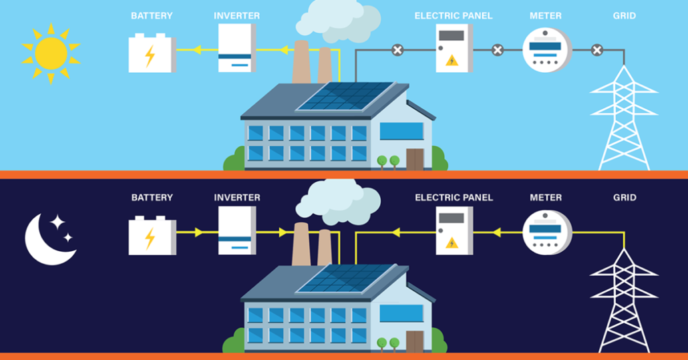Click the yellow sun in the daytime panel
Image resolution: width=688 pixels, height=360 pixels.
(x=51, y=51)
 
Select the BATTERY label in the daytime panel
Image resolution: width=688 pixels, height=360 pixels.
(x=152, y=15)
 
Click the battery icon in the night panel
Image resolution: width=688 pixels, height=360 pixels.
(x=152, y=235)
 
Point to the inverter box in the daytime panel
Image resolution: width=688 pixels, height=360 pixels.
(x=237, y=48)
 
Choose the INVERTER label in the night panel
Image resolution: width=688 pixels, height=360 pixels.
(x=237, y=198)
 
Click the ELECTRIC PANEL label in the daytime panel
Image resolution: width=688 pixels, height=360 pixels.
(x=454, y=15)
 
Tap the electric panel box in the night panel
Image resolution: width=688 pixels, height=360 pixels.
(x=454, y=230)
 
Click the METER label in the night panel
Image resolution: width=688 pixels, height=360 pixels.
(x=546, y=198)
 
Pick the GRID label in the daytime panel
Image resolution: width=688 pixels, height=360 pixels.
(x=625, y=15)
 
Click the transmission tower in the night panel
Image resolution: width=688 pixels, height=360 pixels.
(x=624, y=301)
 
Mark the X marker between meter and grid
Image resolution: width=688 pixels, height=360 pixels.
(x=597, y=50)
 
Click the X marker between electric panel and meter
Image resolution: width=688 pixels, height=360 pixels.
(x=498, y=50)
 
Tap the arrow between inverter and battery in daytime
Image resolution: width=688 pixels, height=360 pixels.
(x=198, y=49)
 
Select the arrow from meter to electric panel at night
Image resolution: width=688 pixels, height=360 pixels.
(x=497, y=232)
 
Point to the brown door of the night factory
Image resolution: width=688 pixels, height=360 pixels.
(x=414, y=341)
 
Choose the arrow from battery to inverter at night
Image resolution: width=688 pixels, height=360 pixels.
(x=198, y=232)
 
